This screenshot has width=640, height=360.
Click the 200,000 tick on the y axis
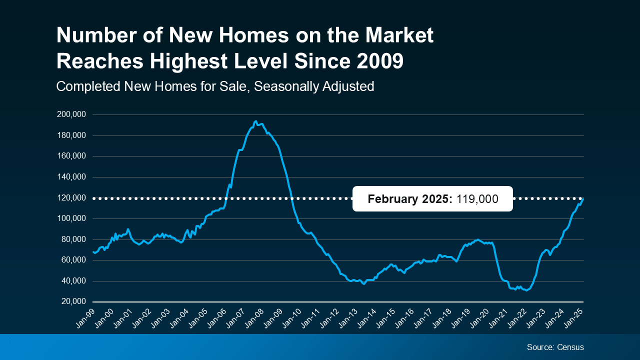[x=71, y=114]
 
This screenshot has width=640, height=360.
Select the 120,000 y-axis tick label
[x=71, y=198]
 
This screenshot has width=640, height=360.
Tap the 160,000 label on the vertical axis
[x=71, y=156]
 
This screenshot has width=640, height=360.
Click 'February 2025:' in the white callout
[x=410, y=199]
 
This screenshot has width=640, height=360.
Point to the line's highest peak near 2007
[x=255, y=121]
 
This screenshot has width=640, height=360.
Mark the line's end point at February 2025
[x=583, y=199]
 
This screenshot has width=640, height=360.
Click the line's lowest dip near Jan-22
[x=526, y=290]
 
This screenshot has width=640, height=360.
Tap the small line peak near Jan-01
[x=128, y=229]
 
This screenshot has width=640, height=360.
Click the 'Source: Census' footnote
[x=555, y=347]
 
